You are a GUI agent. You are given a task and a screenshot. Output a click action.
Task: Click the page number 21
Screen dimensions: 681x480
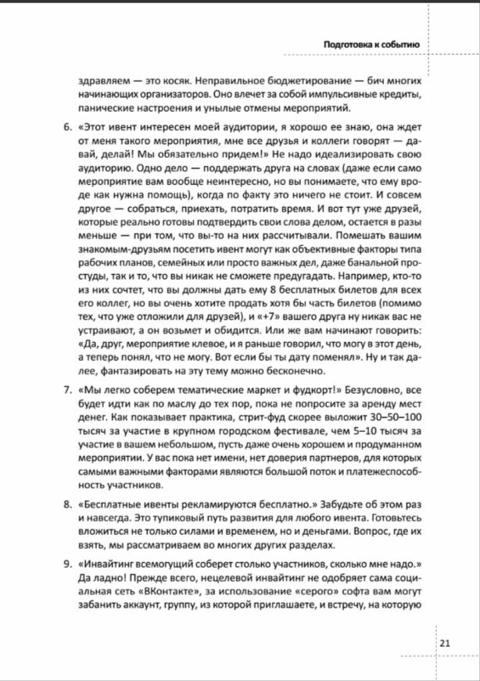(x=444, y=643)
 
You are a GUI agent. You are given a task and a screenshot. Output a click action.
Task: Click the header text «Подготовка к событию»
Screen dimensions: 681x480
(x=372, y=45)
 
